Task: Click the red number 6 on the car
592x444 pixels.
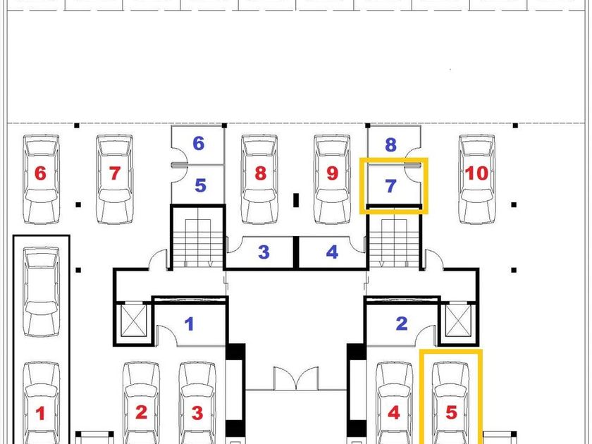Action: [40, 173]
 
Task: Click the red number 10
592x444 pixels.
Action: [477, 173]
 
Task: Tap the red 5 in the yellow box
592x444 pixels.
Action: [451, 413]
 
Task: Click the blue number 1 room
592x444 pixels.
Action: [189, 324]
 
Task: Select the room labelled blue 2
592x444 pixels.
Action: [402, 324]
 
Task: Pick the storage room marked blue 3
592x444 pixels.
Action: [264, 252]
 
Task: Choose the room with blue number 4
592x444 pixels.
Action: [332, 252]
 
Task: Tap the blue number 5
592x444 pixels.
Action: [200, 186]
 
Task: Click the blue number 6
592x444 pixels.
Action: [199, 144]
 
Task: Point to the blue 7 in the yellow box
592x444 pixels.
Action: [391, 187]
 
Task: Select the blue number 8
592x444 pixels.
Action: [391, 145]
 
